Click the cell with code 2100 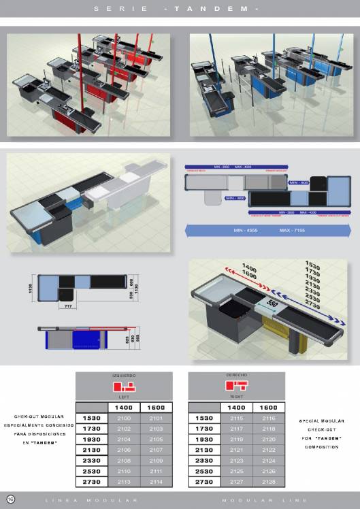click(123, 417)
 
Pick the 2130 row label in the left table click(91, 449)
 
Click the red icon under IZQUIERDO click(123, 387)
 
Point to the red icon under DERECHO click(236, 387)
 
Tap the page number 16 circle click(11, 499)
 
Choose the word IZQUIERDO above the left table click(123, 375)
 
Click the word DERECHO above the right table click(236, 375)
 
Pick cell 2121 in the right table click(236, 449)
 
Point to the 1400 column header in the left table click(123, 407)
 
